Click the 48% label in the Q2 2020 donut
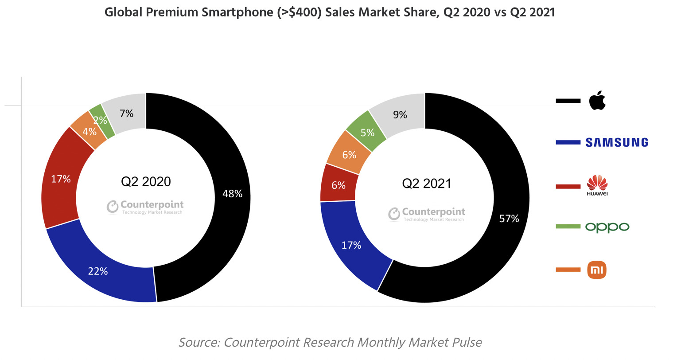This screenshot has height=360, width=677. (232, 194)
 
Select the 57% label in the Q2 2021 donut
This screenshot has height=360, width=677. (509, 219)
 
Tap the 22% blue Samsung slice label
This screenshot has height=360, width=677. (98, 271)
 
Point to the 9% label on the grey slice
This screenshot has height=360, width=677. (400, 115)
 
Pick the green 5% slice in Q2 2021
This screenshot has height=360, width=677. (367, 133)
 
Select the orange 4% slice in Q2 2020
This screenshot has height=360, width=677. (89, 131)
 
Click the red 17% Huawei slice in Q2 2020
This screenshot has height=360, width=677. (61, 179)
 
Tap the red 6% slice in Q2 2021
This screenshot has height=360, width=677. (338, 185)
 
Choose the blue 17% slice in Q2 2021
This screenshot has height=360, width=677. (351, 245)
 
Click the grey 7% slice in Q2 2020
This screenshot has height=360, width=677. (127, 113)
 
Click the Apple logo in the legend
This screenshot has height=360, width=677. (597, 101)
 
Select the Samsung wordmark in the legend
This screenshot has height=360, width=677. (617, 142)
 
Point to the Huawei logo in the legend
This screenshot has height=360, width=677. (597, 185)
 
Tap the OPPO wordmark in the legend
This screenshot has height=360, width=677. (607, 227)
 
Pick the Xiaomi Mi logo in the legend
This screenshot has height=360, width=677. (597, 270)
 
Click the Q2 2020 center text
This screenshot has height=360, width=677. (146, 182)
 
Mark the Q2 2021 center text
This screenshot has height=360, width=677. (427, 184)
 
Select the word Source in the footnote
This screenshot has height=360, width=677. (199, 342)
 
